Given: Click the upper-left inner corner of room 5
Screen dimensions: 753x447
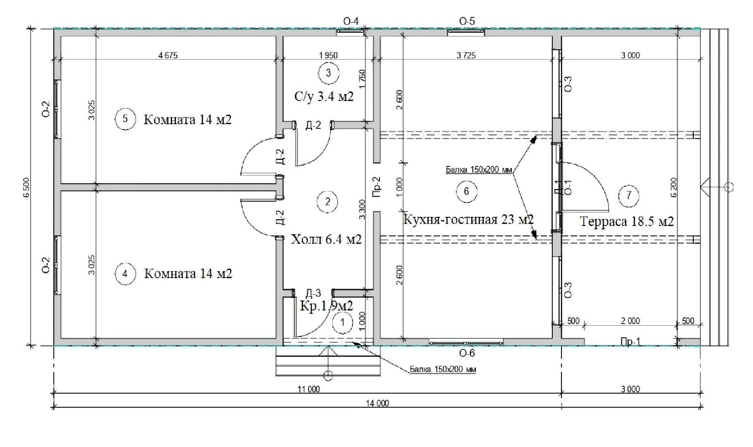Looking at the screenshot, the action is [x=61, y=36].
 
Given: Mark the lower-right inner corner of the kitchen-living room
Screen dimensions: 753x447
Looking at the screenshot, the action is [x=553, y=338].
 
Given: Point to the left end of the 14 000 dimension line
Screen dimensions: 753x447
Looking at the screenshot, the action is [x=54, y=408].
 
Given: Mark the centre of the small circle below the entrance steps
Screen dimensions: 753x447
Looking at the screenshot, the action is [x=328, y=376].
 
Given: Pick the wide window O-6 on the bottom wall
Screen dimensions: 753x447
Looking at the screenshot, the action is [x=466, y=343].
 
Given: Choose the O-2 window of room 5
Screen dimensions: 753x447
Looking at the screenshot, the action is [x=56, y=109].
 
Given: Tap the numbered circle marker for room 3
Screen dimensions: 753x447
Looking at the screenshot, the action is [x=329, y=73].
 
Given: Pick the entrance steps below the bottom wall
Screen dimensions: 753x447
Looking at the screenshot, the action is [x=328, y=361].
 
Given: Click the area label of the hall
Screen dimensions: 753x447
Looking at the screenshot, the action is [x=326, y=239].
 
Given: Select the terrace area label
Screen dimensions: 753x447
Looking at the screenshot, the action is [x=627, y=221].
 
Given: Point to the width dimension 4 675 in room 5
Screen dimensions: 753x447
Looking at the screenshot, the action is [x=168, y=55].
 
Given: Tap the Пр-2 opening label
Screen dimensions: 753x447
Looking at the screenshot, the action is [x=376, y=187].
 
